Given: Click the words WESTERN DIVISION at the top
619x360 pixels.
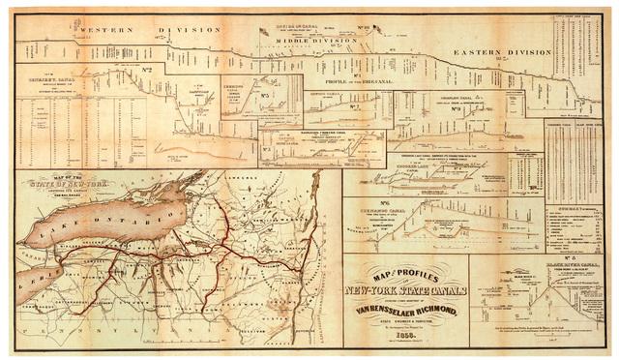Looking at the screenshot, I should pyautogui.click(x=149, y=30).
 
